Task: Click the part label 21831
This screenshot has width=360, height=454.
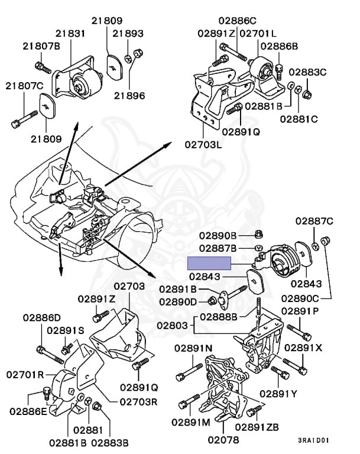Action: point(70,34)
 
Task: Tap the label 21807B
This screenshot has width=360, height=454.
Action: point(41,46)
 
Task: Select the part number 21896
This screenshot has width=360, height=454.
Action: point(129,96)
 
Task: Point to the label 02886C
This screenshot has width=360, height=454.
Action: point(238,21)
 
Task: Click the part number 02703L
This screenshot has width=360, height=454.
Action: point(203,144)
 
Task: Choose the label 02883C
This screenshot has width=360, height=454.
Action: point(307,72)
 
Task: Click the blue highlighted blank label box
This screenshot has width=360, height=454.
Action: point(209,263)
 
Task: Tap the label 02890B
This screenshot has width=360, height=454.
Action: point(218,235)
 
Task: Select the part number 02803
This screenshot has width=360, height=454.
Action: point(173,325)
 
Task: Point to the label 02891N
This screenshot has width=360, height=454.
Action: point(193,348)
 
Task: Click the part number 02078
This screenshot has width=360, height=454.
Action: point(223,440)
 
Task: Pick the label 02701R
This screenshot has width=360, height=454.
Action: point(25,375)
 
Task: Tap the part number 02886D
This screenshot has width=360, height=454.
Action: point(42,317)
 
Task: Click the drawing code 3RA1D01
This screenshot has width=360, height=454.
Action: point(313,440)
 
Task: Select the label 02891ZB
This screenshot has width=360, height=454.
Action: point(257,427)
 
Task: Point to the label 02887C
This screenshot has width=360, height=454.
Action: point(314,221)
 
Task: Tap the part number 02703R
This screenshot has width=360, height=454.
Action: point(138,401)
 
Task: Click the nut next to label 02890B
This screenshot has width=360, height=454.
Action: point(259,234)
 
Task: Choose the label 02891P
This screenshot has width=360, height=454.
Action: point(300,311)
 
